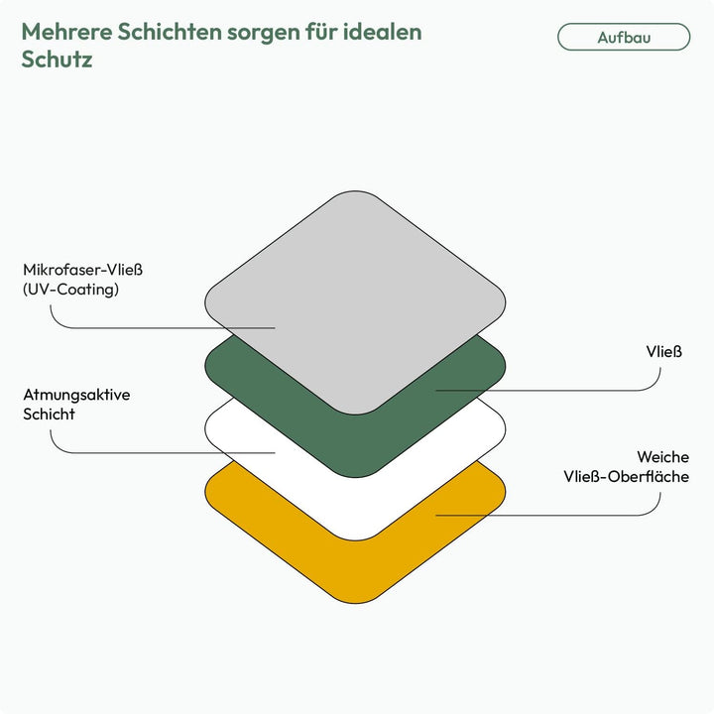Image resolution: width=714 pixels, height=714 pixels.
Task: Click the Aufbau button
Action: [x=624, y=37]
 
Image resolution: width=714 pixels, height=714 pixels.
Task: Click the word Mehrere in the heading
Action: [x=66, y=32]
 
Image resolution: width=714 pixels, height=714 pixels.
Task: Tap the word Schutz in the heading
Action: [x=57, y=59]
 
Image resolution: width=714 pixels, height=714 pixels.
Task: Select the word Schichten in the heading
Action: [x=170, y=32]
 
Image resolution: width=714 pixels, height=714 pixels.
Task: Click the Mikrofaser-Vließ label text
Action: [x=83, y=270]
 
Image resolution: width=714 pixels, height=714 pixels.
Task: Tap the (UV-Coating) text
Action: [x=71, y=290]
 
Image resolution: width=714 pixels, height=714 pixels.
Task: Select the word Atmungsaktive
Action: [x=76, y=395]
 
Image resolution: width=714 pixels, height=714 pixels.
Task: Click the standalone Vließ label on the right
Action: [x=663, y=351]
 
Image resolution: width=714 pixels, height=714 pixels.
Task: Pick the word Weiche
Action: [x=663, y=457]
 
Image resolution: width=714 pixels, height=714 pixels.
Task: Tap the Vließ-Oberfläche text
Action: [x=626, y=476]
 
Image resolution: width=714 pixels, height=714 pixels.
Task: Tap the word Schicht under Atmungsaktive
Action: [x=49, y=414]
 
